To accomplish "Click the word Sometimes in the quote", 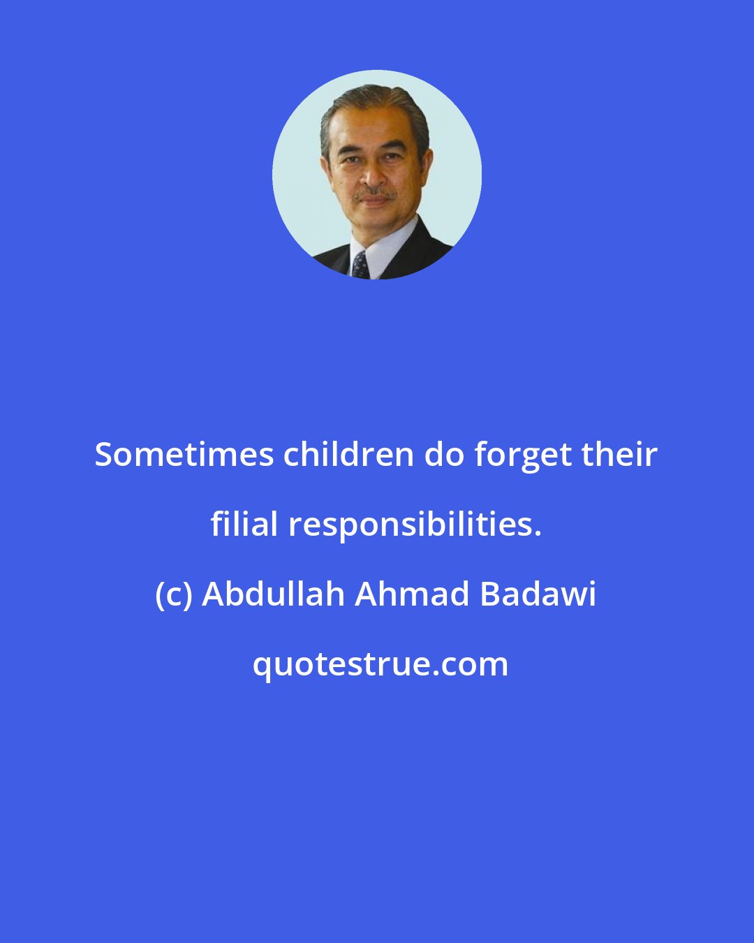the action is click(184, 455).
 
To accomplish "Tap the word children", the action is click(348, 455).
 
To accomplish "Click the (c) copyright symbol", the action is click(174, 596).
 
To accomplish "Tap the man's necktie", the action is click(360, 265).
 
